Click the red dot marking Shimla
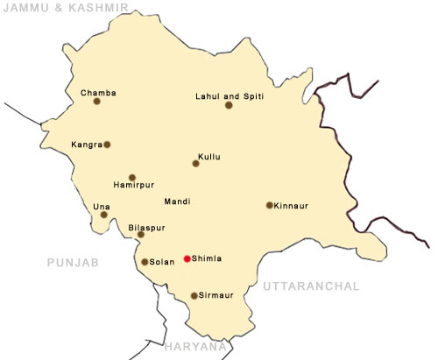coord(187,258)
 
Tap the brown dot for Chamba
coord(96,102)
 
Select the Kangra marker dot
coord(107,145)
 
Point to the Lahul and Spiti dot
coord(229,105)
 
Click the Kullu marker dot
coord(196,163)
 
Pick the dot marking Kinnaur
coord(269,206)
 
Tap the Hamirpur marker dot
coord(132,177)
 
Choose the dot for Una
coord(104,215)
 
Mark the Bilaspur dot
coord(140,235)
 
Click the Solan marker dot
coord(145,261)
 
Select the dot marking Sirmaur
coord(194,295)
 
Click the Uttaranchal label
coord(310,286)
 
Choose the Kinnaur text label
coord(292,206)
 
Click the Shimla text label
coord(207,258)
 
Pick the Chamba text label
coord(98,92)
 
